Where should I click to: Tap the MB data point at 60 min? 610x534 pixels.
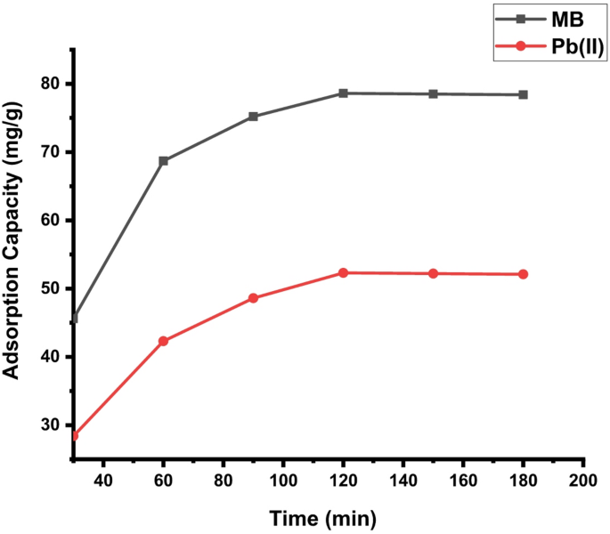click(163, 161)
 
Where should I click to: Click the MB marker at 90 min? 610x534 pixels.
click(253, 117)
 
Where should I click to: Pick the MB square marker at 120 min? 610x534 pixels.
click(343, 93)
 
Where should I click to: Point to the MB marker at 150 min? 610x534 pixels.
click(433, 93)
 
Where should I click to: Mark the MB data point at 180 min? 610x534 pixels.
click(523, 94)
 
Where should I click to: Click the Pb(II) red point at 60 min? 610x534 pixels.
click(163, 341)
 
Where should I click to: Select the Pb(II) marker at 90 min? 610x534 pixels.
click(253, 298)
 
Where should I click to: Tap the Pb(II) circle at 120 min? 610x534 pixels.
click(343, 272)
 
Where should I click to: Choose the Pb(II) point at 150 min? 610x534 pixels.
click(433, 273)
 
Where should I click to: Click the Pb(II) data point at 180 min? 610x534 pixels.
click(523, 274)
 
